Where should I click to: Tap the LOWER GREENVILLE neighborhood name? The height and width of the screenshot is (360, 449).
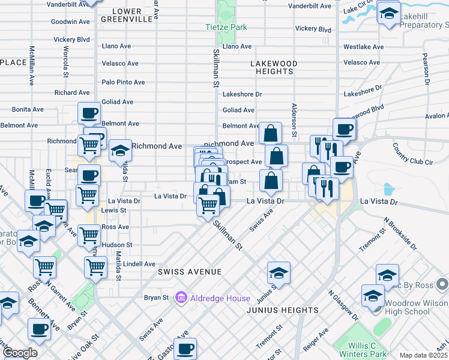pyautogui.click(x=126, y=15)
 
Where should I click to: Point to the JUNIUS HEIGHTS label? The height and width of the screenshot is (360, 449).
pyautogui.click(x=282, y=310)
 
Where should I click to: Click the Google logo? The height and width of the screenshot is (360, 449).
pyautogui.click(x=20, y=353)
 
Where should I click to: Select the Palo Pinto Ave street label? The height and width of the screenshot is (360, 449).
pyautogui.click(x=123, y=82)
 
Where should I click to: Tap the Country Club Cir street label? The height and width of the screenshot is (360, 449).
pyautogui.click(x=412, y=154)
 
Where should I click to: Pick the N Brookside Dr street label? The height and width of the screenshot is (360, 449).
pyautogui.click(x=400, y=235)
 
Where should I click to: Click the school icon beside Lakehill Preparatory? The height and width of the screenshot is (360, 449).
pyautogui.click(x=389, y=12)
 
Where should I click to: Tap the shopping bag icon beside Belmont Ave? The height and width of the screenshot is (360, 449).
pyautogui.click(x=271, y=132)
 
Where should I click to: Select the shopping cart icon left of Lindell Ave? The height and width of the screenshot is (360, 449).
pyautogui.click(x=95, y=267)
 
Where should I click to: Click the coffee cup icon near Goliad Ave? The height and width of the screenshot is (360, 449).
pyautogui.click(x=89, y=112)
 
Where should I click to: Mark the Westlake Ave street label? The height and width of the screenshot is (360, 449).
pyautogui.click(x=363, y=47)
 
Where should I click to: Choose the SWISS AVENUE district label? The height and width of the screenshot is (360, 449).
pyautogui.click(x=181, y=272)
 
